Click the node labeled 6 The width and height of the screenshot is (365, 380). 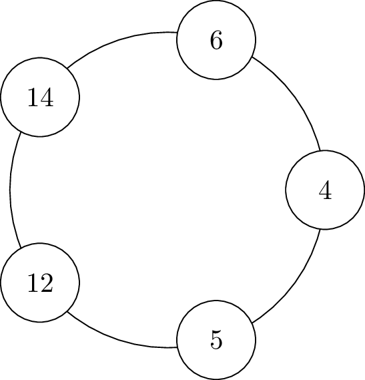[x=216, y=40]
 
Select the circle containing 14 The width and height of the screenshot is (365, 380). [x=40, y=98]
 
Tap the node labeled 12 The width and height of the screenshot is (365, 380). [x=40, y=282]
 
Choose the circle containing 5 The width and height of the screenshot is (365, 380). [x=216, y=340]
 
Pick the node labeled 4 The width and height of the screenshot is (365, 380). [x=325, y=190]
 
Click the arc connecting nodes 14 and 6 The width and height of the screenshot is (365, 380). [x=119, y=40]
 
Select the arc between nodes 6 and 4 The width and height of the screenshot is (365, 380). [x=295, y=96]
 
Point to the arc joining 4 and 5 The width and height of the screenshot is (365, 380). [x=295, y=283]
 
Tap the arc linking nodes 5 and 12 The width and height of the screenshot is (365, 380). [x=119, y=339]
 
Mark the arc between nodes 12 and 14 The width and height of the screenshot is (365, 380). [x=10, y=190]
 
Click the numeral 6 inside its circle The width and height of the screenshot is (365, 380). [x=216, y=40]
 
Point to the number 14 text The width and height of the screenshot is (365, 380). [x=41, y=98]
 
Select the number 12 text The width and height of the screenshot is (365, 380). [x=40, y=282]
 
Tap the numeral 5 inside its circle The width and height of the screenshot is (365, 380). [x=216, y=340]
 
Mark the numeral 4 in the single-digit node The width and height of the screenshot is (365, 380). [x=325, y=190]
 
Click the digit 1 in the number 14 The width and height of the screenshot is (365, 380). [x=33, y=98]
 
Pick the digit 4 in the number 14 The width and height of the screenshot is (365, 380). [x=47, y=98]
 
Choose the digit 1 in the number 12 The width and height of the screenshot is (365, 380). [x=33, y=282]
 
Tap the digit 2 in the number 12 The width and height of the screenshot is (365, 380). [x=47, y=282]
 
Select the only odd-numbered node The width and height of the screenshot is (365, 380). [x=216, y=340]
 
